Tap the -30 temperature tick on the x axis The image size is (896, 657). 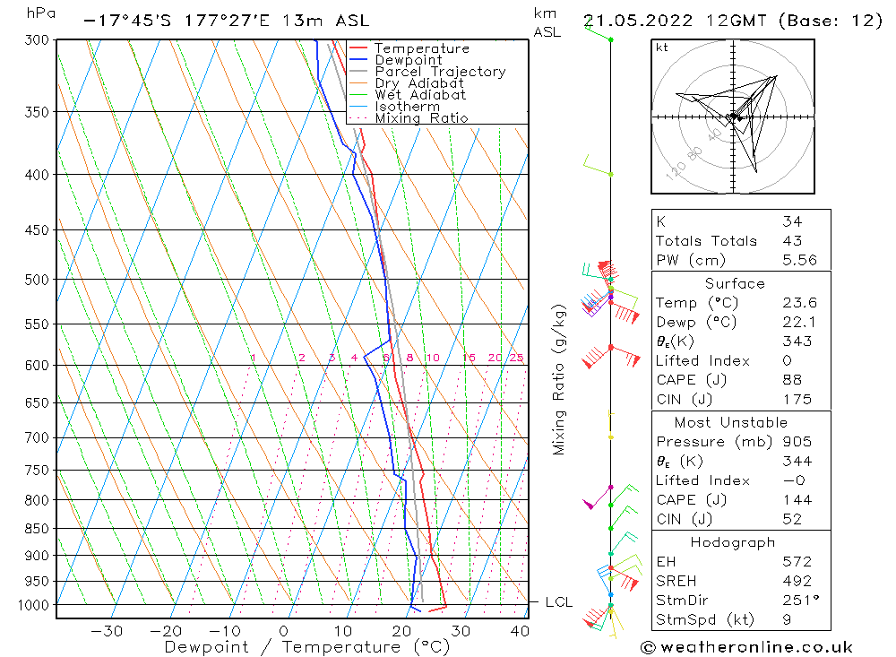pyautogui.click(x=107, y=630)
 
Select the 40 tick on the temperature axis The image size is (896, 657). pyautogui.click(x=519, y=630)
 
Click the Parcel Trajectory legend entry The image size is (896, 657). pyautogui.click(x=440, y=72)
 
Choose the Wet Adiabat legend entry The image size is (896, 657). pyautogui.click(x=420, y=95)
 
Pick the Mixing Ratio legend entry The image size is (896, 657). pyautogui.click(x=421, y=117)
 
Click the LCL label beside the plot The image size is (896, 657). pyautogui.click(x=558, y=603)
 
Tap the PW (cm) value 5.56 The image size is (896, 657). pyautogui.click(x=797, y=260)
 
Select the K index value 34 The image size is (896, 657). pyautogui.click(x=791, y=221)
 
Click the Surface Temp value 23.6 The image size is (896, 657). pyautogui.click(x=797, y=303)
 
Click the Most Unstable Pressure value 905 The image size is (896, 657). pyautogui.click(x=796, y=442)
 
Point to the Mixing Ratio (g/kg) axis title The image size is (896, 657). pyautogui.click(x=560, y=380)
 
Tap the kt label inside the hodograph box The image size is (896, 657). pyautogui.click(x=662, y=48)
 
